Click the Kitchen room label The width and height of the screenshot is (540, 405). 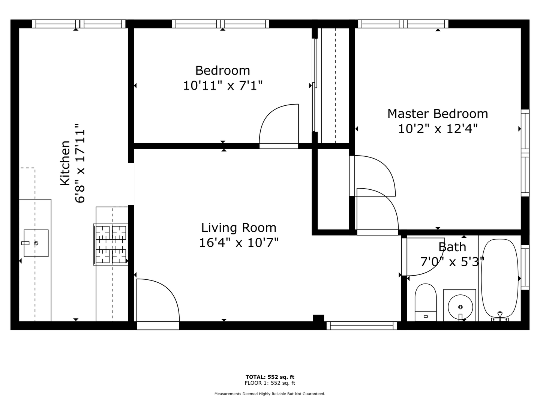pos(65,163)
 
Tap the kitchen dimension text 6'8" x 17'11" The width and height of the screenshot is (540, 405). pos(80,163)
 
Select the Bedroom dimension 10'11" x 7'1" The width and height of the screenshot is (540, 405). pos(223,85)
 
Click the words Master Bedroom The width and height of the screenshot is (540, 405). pos(438,114)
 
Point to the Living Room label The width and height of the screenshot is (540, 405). pos(238,228)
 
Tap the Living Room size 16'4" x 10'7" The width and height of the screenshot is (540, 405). pos(238,243)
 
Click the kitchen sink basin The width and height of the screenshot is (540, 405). pos(36,243)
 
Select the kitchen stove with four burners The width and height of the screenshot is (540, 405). pos(111,244)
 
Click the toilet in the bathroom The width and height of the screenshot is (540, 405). pos(426,302)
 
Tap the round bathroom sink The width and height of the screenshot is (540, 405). pos(460,307)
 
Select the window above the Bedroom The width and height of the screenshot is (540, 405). pos(220,24)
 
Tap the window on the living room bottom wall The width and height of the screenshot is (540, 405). pos(361,325)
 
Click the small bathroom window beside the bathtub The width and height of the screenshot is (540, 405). pos(525,267)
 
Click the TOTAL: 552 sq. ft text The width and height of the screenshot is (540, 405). pos(270,377)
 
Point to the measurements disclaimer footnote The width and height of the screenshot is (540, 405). pos(270,394)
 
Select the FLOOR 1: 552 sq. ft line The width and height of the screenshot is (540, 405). pos(270,383)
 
